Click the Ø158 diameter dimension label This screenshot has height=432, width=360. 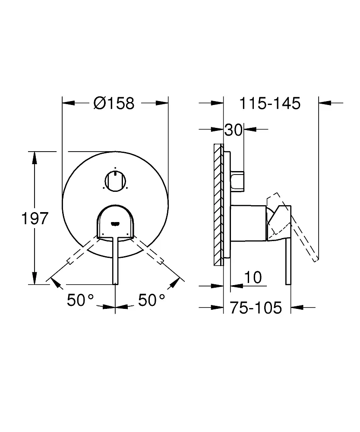point(114,103)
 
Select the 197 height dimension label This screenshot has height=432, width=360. point(35,218)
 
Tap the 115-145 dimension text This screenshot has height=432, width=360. point(270,104)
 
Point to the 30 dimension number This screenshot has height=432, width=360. point(234,130)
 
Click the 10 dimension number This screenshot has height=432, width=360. point(253,277)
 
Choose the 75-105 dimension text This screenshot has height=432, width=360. point(256,308)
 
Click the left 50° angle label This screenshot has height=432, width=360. point(80,300)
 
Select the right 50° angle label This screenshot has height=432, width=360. point(152,300)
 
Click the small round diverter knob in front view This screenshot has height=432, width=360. point(115,181)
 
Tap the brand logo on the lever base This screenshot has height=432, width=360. point(115,223)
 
